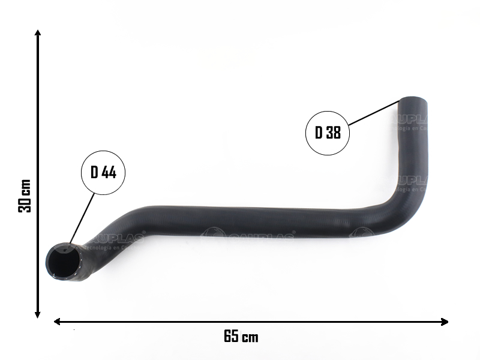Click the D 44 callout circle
click(103, 172)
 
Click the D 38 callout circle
click(328, 132)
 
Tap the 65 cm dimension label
click(241, 337)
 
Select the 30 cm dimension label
click(25, 195)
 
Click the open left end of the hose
click(64, 262)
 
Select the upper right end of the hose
click(413, 103)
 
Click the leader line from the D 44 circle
click(82, 218)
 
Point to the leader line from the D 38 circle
click(374, 113)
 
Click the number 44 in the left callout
click(109, 172)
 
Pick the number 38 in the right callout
click(333, 132)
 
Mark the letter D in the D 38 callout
click(319, 132)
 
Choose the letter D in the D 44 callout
click(94, 172)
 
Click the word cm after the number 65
click(251, 337)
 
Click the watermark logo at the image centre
click(250, 235)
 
